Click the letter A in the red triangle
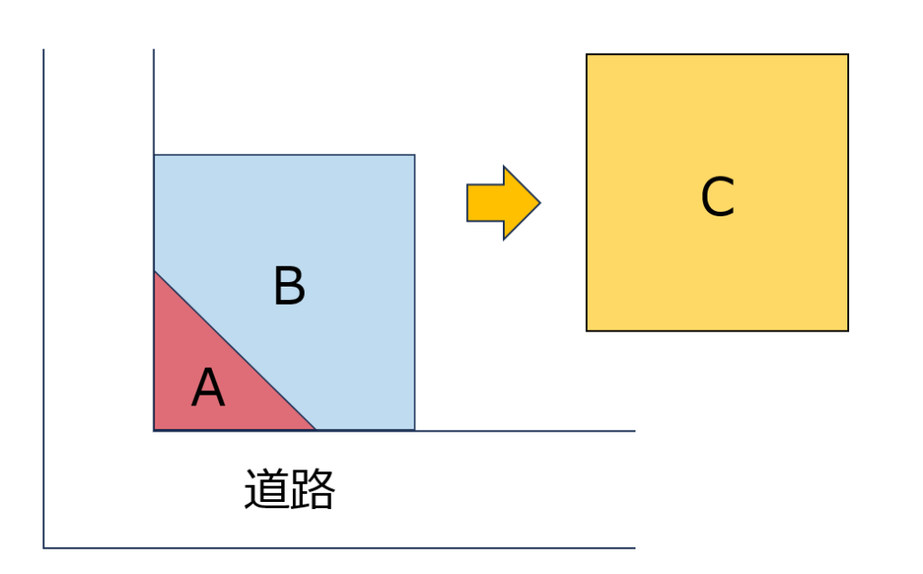(208, 389)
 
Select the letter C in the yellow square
(717, 196)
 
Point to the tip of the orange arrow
(539, 203)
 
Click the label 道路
(289, 489)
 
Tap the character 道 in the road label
(266, 489)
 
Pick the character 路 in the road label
(313, 489)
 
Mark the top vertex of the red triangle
(154, 270)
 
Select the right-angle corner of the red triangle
(154, 430)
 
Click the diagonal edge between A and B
(235, 351)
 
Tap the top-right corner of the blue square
(415, 155)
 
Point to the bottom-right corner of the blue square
(415, 430)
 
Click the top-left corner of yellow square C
(587, 55)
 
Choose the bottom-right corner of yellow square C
(848, 331)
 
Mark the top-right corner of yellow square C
(848, 55)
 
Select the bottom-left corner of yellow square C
(587, 331)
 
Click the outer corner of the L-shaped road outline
(44, 547)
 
